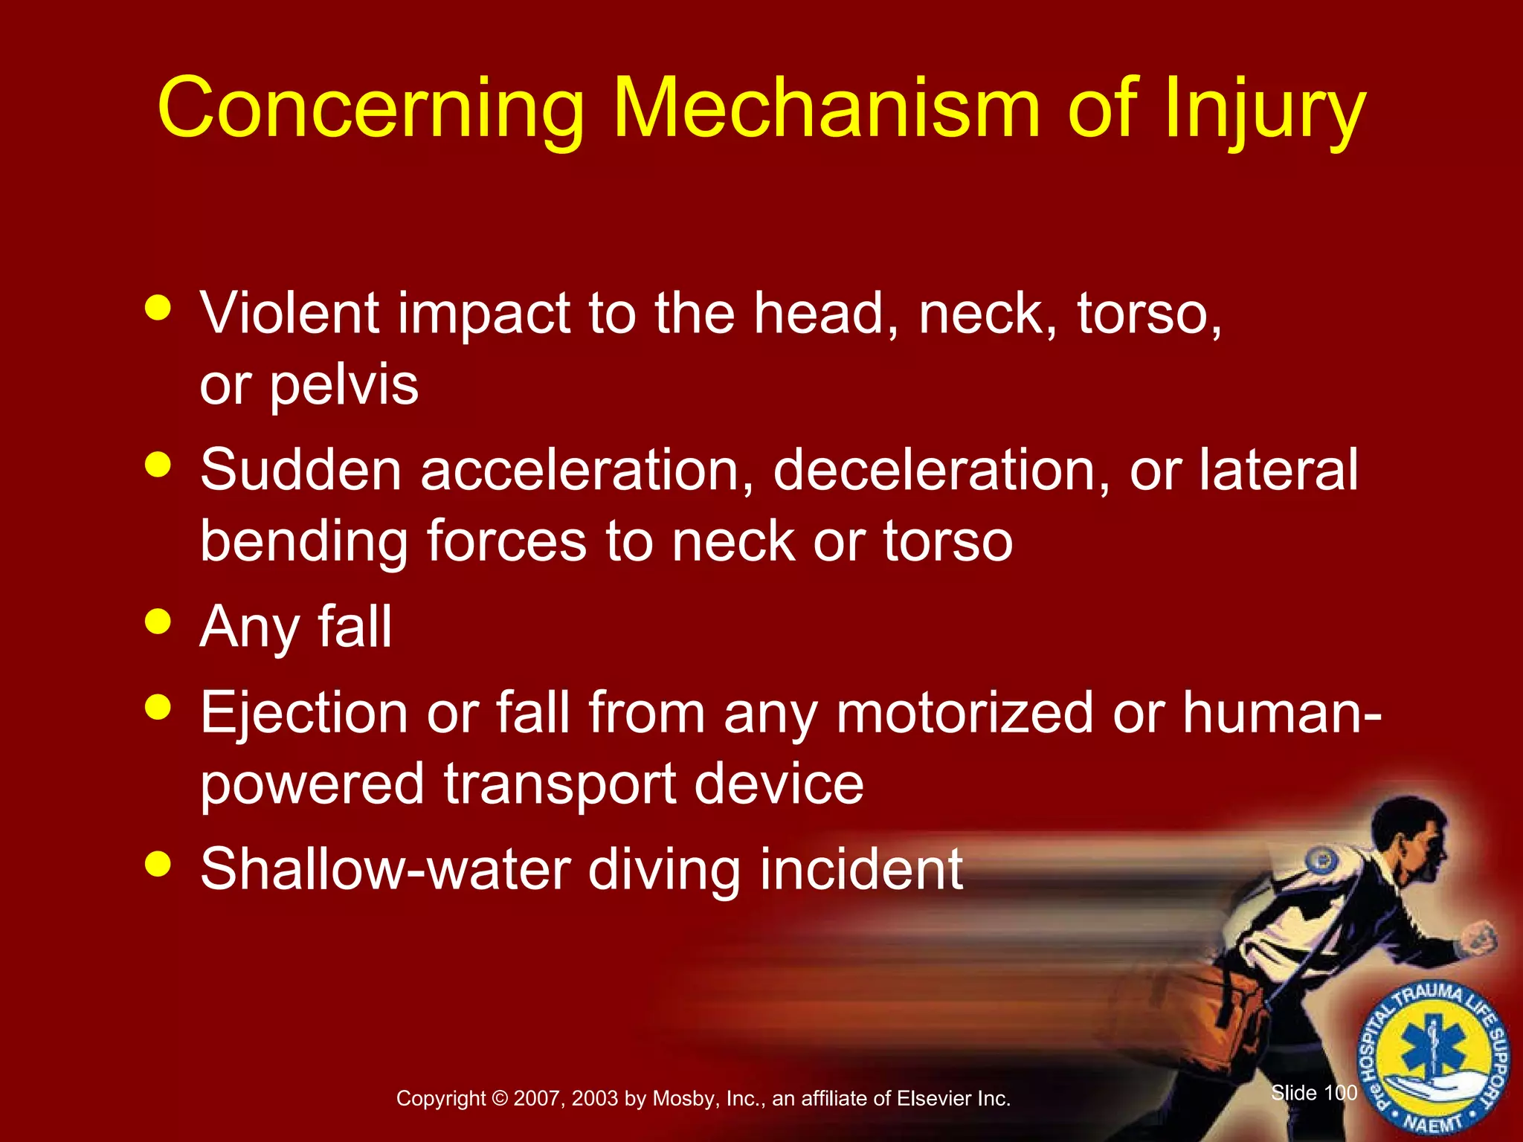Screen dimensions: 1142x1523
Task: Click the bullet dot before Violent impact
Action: [158, 307]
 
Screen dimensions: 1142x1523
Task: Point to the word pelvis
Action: [344, 387]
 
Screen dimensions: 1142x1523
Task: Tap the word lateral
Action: [1278, 470]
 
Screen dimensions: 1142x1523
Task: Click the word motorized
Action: [965, 712]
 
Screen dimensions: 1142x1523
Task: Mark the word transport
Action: [560, 785]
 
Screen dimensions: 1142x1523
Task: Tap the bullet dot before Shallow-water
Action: [158, 864]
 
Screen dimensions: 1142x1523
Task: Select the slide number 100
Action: [1341, 1092]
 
